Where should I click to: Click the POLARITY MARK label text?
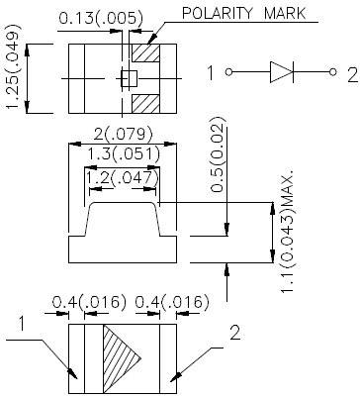pyautogui.click(x=244, y=13)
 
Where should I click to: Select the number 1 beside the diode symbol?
pyautogui.click(x=211, y=72)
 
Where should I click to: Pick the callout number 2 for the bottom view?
pyautogui.click(x=234, y=334)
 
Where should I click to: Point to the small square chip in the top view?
pyautogui.click(x=126, y=78)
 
